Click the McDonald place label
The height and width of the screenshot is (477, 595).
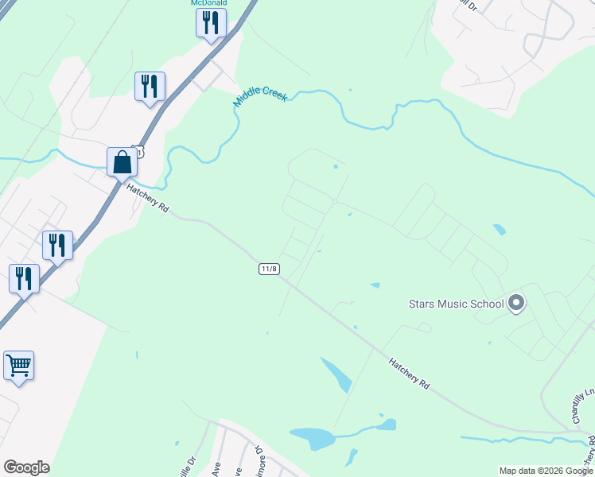tap(209, 3)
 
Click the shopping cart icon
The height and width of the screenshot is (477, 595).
tap(18, 366)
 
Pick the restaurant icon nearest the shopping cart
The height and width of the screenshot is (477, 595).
tap(24, 279)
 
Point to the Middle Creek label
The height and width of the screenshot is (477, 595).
tap(260, 97)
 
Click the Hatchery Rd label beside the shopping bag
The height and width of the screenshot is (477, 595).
tap(148, 198)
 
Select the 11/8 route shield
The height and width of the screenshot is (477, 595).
tap(269, 269)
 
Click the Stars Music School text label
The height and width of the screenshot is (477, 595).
tap(456, 304)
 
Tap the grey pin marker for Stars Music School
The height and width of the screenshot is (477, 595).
tap(516, 303)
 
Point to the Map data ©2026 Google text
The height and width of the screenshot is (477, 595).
tap(546, 471)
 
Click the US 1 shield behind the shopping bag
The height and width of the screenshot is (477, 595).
tap(138, 150)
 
